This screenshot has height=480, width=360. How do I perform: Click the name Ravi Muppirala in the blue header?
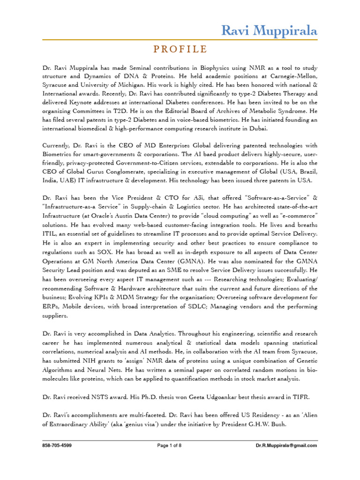pyautogui.click(x=269, y=31)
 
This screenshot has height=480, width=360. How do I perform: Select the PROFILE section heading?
pyautogui.click(x=180, y=49)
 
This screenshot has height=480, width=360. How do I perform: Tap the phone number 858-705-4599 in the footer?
pyautogui.click(x=57, y=445)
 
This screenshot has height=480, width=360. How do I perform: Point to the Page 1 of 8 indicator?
pyautogui.click(x=180, y=445)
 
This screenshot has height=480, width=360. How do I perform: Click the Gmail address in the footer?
pyautogui.click(x=286, y=445)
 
